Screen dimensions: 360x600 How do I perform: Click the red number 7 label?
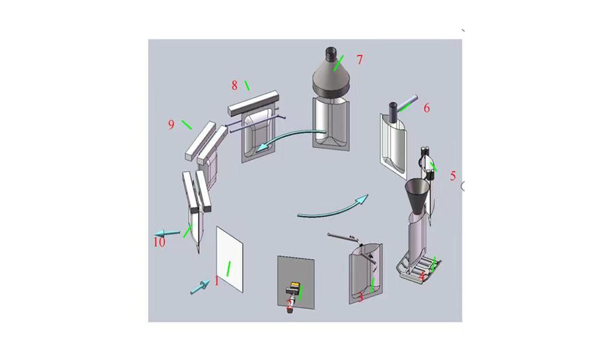coord(360,59)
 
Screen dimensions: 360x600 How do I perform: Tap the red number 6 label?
coord(427,108)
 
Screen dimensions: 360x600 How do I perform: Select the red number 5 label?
coord(453,176)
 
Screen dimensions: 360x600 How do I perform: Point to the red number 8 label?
coord(235,85)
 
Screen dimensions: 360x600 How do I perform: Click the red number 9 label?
coord(171,124)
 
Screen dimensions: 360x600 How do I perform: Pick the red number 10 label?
coord(158,242)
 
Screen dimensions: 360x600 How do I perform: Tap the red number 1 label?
coord(217,280)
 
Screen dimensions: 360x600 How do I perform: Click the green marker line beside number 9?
coord(187,125)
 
